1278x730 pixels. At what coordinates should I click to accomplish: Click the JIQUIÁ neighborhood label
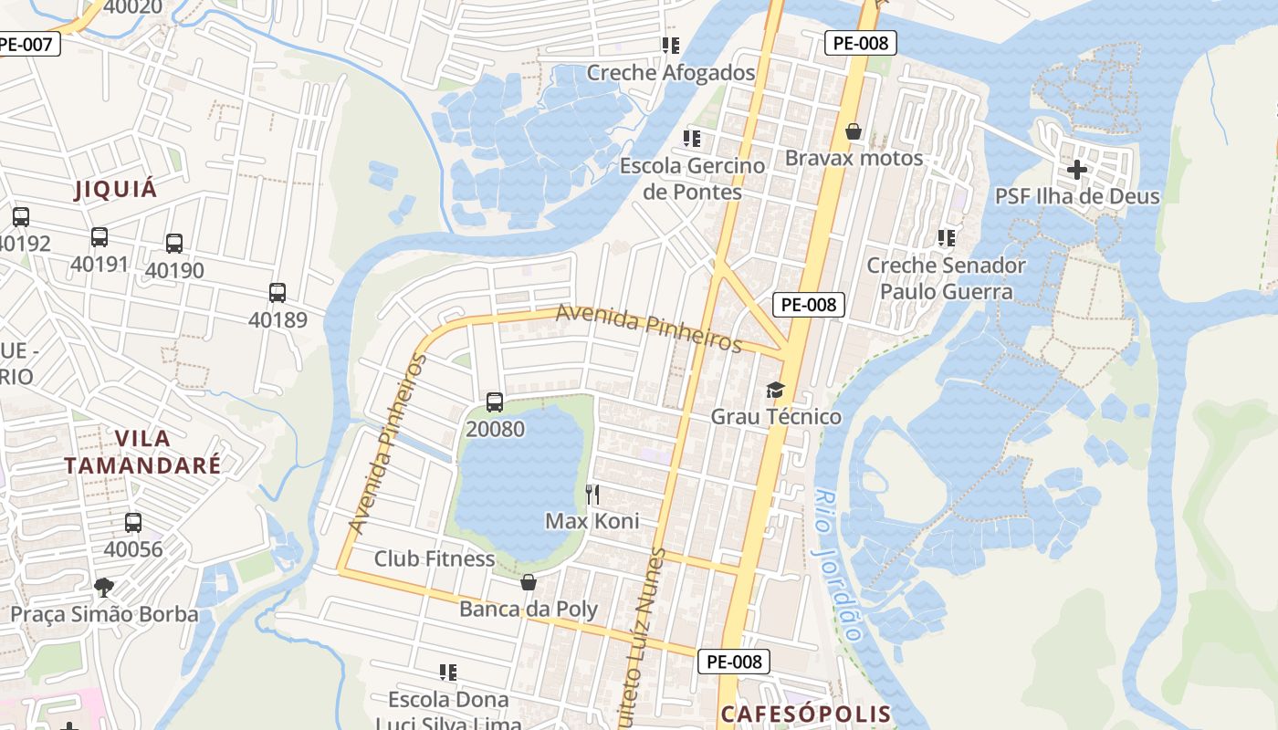(x=115, y=190)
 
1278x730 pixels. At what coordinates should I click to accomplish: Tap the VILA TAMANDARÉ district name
(x=142, y=452)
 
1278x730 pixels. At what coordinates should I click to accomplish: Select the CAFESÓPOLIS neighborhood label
(x=805, y=714)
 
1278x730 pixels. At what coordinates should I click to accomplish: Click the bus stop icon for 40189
(x=278, y=293)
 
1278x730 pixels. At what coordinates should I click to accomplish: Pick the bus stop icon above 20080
(x=495, y=401)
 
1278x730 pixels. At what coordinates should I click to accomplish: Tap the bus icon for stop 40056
(x=133, y=523)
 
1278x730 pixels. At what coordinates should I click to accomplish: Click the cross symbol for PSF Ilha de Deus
(x=1077, y=169)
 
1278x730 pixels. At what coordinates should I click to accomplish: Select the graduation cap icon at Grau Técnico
(x=775, y=391)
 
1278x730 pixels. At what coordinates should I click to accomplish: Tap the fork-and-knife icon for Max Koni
(x=592, y=495)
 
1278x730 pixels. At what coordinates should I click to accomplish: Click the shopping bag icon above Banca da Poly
(x=529, y=582)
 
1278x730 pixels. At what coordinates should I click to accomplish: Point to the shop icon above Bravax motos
(x=854, y=132)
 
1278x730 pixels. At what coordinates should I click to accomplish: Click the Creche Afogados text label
(x=671, y=73)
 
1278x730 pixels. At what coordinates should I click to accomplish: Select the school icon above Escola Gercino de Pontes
(x=692, y=139)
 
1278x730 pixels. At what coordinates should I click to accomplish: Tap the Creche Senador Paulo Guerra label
(x=946, y=278)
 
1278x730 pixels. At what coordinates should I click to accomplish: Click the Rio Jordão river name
(x=837, y=566)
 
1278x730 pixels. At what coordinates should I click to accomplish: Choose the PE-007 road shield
(x=29, y=43)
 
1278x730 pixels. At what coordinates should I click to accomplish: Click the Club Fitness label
(x=435, y=558)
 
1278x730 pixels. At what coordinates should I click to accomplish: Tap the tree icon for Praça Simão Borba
(x=104, y=587)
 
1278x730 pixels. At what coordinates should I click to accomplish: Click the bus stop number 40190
(x=174, y=271)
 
